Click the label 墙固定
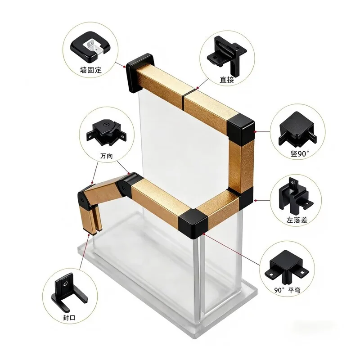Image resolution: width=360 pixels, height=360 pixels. [x=91, y=70]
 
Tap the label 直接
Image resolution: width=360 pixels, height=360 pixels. [x=227, y=80]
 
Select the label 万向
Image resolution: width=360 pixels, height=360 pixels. [x=107, y=156]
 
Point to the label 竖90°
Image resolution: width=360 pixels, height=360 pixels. [x=300, y=153]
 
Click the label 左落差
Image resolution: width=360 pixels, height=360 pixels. [x=297, y=220]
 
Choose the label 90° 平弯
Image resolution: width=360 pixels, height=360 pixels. [x=287, y=290]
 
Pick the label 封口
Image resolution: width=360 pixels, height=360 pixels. [x=69, y=318]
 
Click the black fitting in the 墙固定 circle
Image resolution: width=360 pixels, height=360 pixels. [x=90, y=48]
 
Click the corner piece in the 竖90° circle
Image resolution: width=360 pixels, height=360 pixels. [x=297, y=130]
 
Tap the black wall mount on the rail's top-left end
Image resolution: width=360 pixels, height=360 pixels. [x=140, y=72]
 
